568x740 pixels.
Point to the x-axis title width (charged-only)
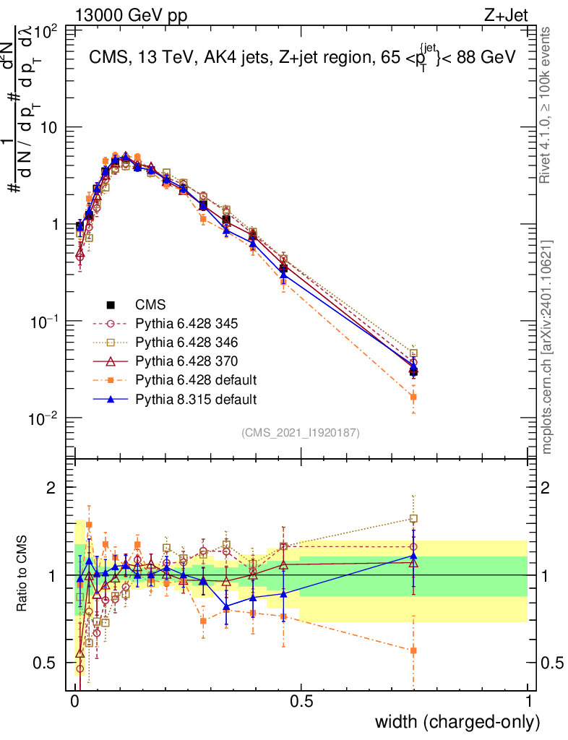pos(457,722)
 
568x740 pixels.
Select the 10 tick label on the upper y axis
pos(49,127)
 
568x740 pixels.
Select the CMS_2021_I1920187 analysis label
pos(301,432)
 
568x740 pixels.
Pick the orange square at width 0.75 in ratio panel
pos(413,650)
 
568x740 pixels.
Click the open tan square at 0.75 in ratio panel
pos(413,518)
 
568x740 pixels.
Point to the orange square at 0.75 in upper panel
pos(413,397)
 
